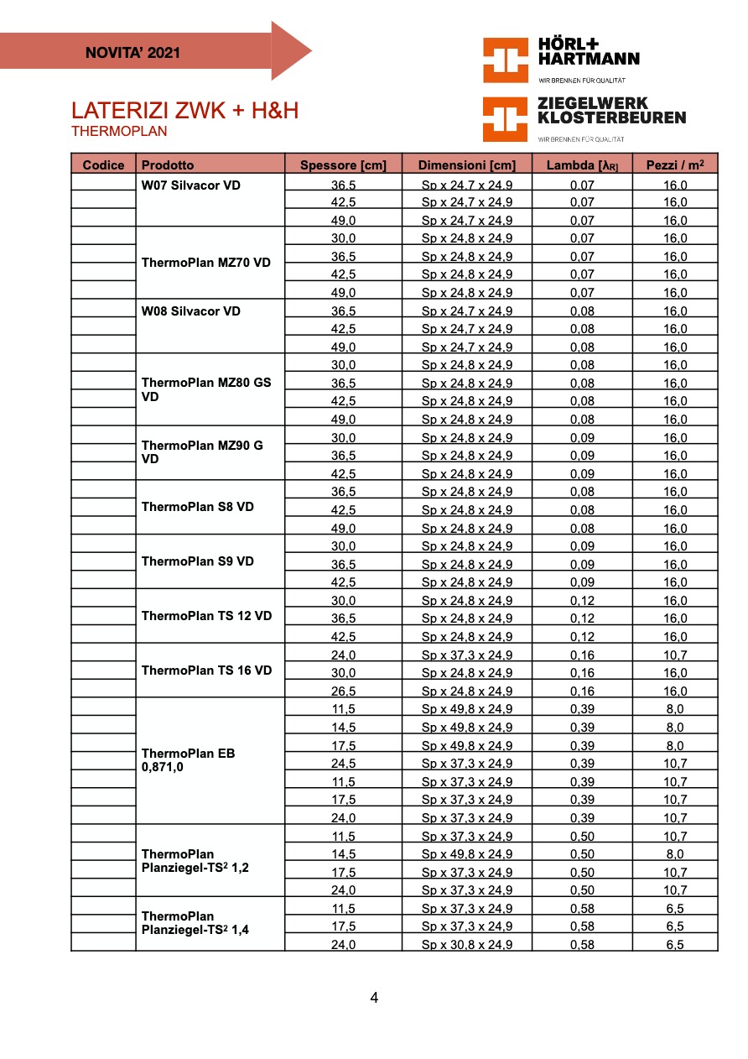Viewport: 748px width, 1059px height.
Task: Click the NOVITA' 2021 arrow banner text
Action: tap(132, 53)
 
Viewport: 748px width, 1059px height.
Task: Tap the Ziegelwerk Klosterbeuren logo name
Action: tap(610, 111)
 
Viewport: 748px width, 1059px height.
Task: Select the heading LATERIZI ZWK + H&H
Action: tap(184, 111)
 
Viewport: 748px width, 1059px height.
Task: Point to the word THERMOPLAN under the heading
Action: tap(119, 132)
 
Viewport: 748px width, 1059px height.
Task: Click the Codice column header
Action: tap(103, 165)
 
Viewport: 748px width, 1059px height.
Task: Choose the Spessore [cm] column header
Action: tap(343, 165)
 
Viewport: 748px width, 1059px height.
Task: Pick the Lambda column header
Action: tap(582, 165)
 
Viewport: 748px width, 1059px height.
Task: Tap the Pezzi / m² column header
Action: tap(675, 165)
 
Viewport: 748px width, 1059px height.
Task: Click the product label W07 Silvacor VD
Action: tap(191, 185)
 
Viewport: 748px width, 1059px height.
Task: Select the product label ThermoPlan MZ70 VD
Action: tap(206, 263)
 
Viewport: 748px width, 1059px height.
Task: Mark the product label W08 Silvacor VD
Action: tap(191, 311)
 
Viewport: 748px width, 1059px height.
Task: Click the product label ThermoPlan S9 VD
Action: tap(198, 561)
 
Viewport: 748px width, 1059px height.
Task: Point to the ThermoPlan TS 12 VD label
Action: tap(207, 616)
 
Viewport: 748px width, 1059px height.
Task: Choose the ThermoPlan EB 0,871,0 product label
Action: tap(189, 759)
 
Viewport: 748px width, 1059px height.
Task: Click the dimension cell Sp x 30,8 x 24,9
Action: tap(466, 945)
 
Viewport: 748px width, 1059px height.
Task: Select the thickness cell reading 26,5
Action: tap(343, 691)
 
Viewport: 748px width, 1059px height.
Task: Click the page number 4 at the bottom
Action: tap(374, 998)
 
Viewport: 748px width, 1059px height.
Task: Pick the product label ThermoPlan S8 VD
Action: tap(198, 507)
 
